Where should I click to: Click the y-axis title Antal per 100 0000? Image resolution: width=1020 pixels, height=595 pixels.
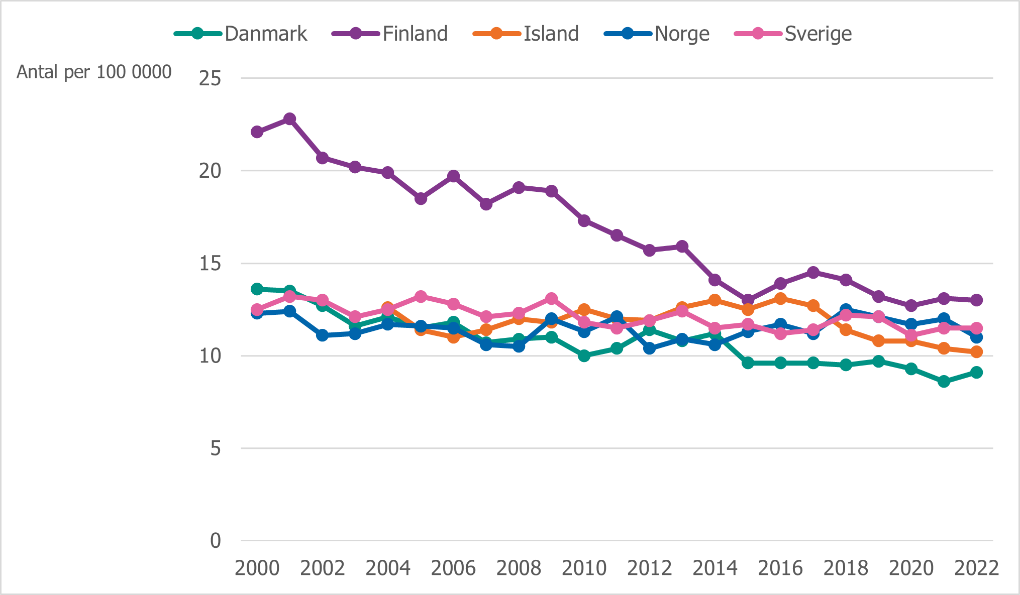coord(94,72)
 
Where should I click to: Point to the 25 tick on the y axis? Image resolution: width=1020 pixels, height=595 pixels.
coord(210,78)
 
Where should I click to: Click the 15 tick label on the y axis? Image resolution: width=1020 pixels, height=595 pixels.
coord(210,264)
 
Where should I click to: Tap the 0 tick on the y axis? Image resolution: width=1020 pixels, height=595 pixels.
coord(216,541)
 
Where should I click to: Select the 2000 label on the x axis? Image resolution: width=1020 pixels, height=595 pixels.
coord(257,568)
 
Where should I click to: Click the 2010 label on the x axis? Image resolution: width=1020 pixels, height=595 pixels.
coord(584,568)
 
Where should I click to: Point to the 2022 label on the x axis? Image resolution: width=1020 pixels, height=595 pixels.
coord(976,568)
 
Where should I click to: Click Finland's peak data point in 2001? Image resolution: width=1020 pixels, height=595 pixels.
coord(290,119)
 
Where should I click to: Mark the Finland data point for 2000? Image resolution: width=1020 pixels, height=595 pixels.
coord(257,132)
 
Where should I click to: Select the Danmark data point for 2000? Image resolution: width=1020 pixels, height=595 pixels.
coord(257,289)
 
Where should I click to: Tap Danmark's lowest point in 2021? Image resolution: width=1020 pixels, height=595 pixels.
coord(944,382)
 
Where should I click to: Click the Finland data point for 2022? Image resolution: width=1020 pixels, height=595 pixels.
coord(976,300)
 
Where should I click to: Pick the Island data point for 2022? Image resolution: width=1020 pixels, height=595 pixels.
coord(976,352)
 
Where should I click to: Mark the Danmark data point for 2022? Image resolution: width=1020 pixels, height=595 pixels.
coord(976,373)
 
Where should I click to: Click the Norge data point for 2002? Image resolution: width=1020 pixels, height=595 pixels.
coord(323,335)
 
